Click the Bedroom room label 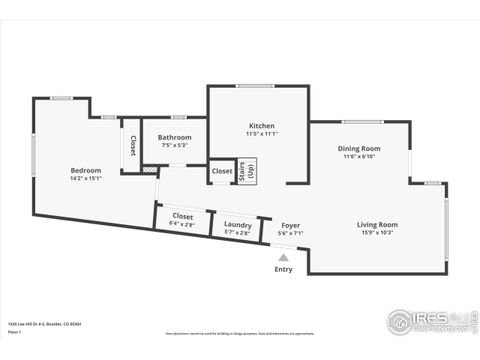[x=85, y=170]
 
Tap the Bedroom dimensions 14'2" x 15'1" [x=85, y=179]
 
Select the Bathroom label [x=174, y=137]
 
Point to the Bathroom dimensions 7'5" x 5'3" [x=174, y=146]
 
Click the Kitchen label [x=261, y=125]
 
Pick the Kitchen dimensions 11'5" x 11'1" [x=261, y=134]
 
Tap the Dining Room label [x=358, y=147]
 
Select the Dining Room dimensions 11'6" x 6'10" [x=358, y=156]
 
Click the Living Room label [x=377, y=224]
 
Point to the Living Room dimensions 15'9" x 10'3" [x=377, y=233]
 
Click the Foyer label [x=290, y=225]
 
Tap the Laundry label [x=238, y=225]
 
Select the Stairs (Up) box [x=246, y=171]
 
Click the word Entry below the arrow [x=284, y=268]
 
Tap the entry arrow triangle [x=284, y=256]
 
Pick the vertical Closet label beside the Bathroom [x=132, y=146]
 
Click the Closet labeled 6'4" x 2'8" [x=183, y=220]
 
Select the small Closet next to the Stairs [x=222, y=171]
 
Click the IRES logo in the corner [x=428, y=322]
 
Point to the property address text [x=45, y=323]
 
